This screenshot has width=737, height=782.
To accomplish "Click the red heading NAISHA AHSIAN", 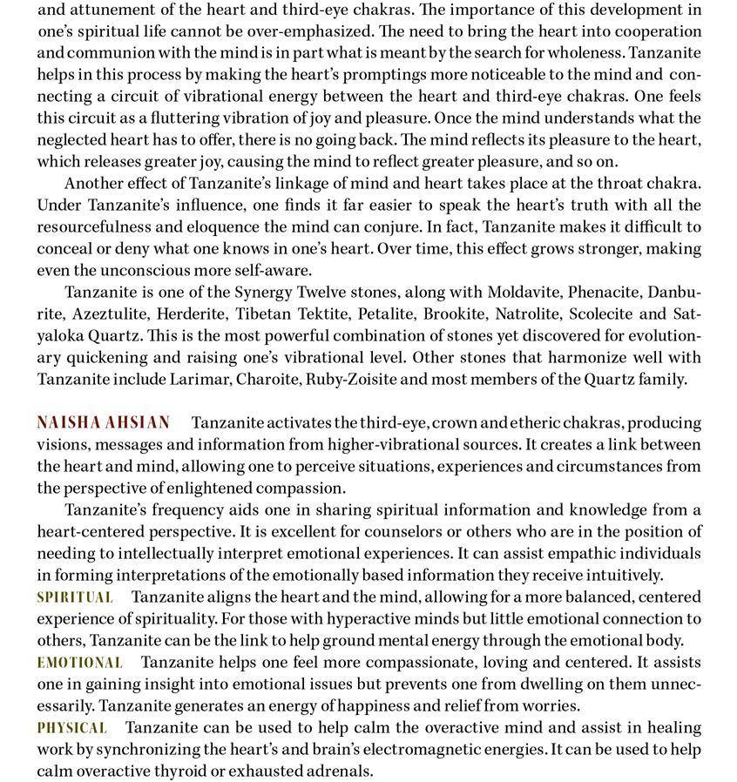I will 103,423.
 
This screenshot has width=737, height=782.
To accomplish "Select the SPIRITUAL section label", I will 75,597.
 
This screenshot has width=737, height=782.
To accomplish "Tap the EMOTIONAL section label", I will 79,663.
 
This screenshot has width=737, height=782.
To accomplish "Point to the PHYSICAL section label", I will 71,728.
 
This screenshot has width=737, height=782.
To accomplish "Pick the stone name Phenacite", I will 606,292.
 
